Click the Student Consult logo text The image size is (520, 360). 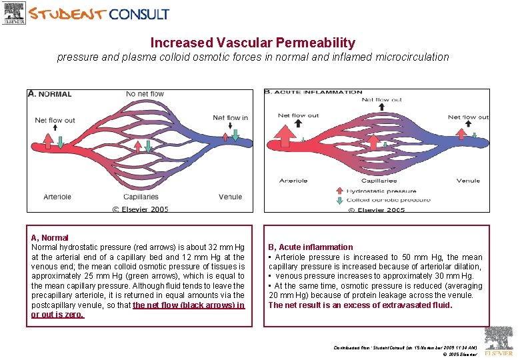[99, 13]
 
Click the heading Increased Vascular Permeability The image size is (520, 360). [253, 43]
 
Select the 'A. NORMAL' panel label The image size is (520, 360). [50, 94]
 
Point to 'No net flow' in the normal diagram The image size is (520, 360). [146, 94]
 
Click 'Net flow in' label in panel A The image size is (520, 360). [230, 118]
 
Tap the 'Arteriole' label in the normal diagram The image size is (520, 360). [57, 197]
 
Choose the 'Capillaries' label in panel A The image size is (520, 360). [141, 197]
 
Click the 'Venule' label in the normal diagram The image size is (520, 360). [230, 197]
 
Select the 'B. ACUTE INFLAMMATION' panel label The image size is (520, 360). [304, 92]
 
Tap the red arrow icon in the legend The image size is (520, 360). [351, 191]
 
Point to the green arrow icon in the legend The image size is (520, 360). [351, 200]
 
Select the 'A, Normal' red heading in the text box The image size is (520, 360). [50, 237]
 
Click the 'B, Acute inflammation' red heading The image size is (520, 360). [311, 247]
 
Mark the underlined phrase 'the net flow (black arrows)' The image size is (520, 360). [189, 305]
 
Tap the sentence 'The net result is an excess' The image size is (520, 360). [360, 305]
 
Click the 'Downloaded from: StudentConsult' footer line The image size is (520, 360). [405, 347]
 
